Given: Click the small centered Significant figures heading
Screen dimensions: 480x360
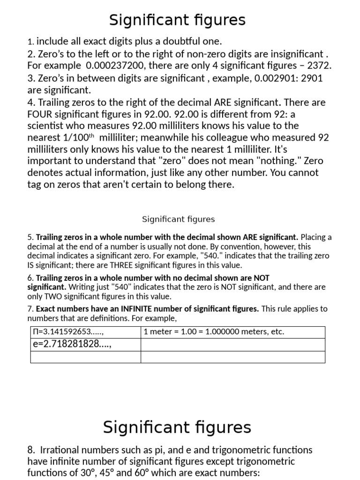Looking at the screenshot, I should (x=178, y=219).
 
